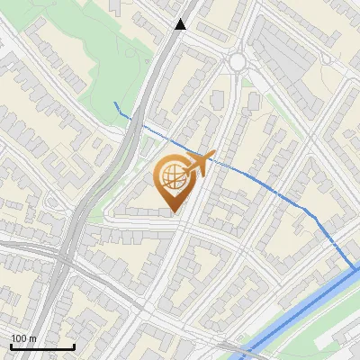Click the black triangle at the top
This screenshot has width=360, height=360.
pos(181,24)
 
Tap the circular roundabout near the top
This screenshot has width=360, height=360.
pos(237,61)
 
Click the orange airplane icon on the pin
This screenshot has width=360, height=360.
pos(197,164)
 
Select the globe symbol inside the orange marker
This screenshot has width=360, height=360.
pos(174,177)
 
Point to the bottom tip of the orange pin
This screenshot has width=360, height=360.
pos(174,212)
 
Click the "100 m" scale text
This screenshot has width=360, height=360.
pos(24,338)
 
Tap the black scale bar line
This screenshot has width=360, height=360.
pos(41,346)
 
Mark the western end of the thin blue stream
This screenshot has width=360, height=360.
pos(116,104)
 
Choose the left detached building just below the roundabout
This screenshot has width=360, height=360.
pos(217,97)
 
